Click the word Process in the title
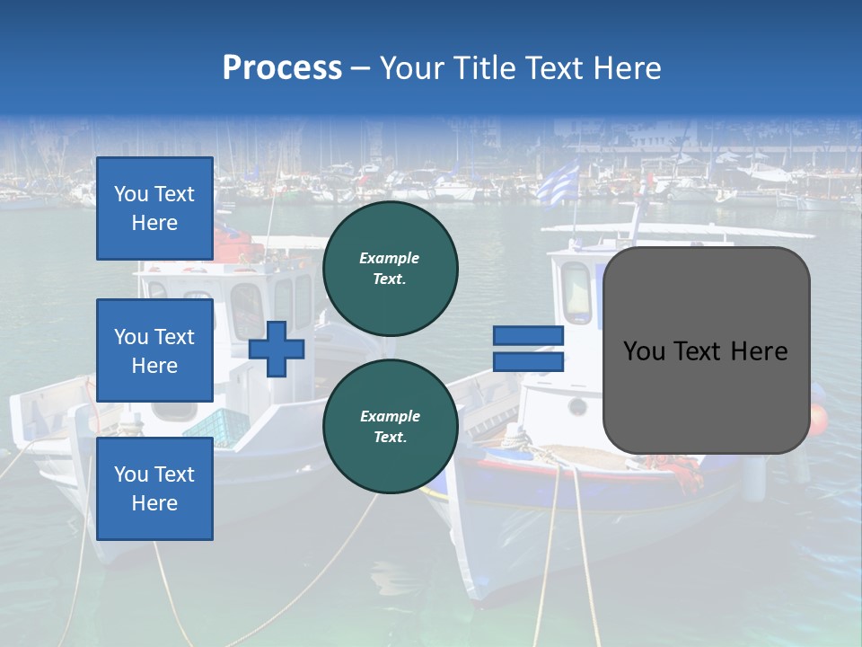coord(282,68)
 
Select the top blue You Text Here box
coord(154,208)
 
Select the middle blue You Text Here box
coord(154,350)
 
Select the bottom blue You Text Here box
coord(154,488)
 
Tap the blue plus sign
coord(277,349)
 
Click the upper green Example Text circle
coord(390,269)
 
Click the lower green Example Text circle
coord(390,427)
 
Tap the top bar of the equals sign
coord(529,336)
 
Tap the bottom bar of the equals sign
coord(529,362)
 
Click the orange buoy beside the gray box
coord(818,419)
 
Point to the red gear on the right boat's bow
coord(682,472)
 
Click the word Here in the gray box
coord(759,351)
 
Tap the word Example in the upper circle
coord(390,258)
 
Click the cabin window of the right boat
coord(576,292)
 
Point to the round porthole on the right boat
coord(577,407)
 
